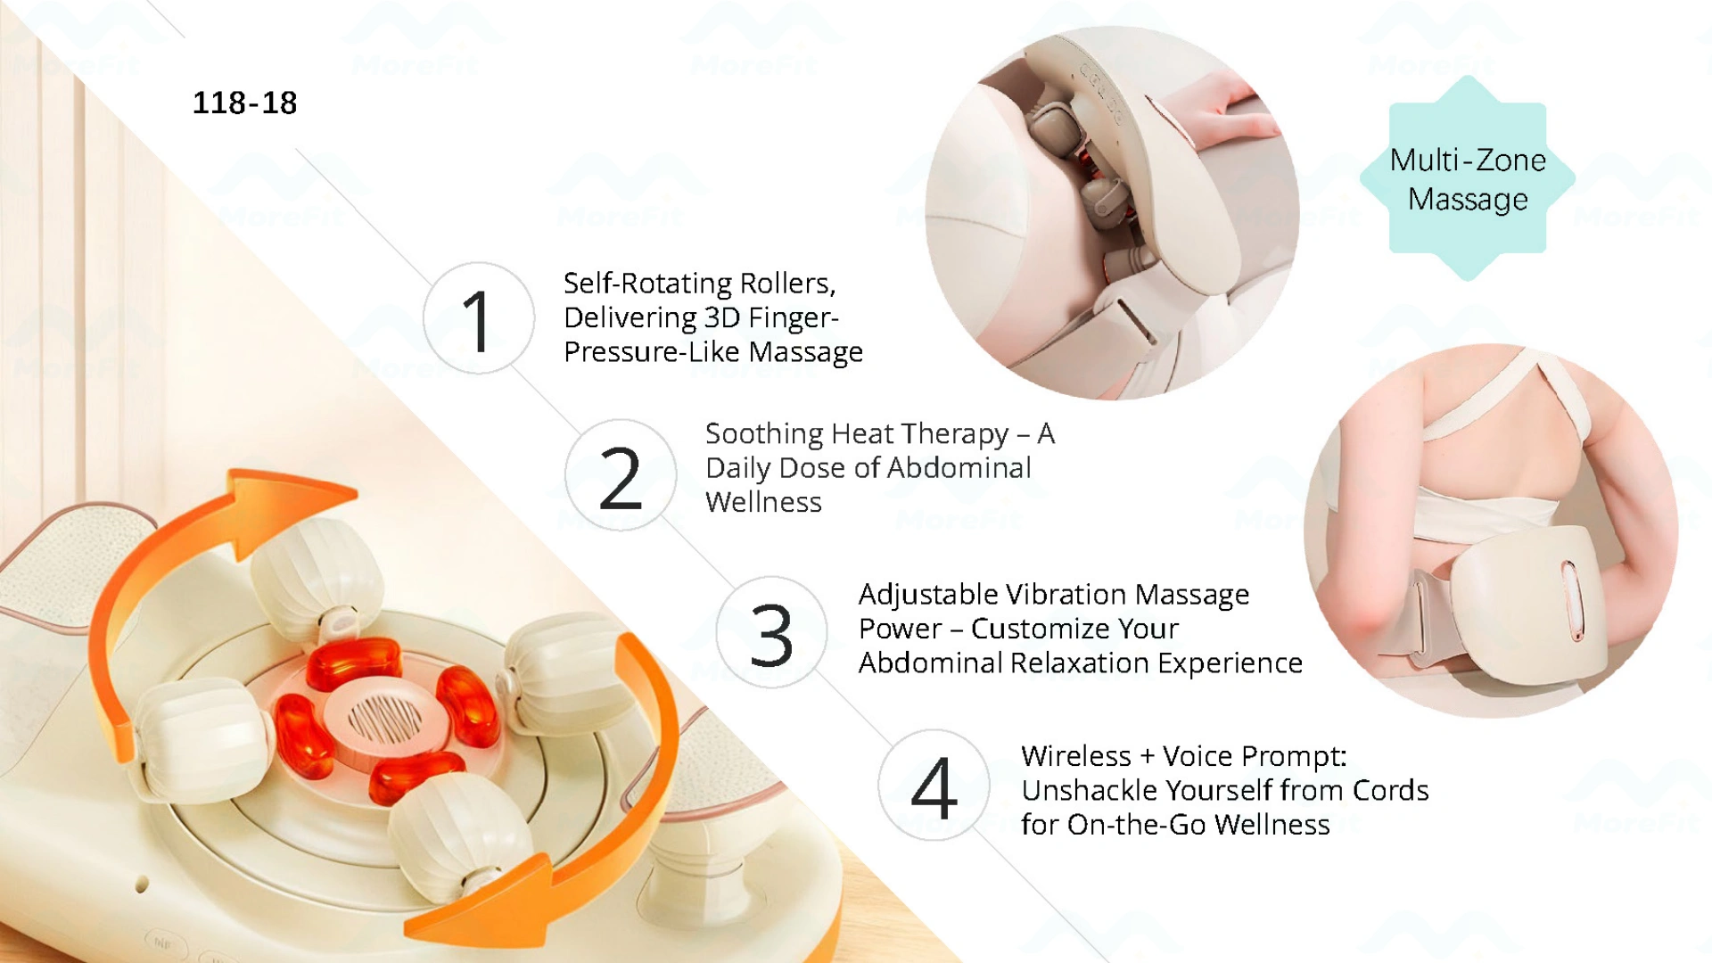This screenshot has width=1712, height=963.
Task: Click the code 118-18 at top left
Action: pos(244,103)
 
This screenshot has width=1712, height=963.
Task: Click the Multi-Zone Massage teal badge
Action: pos(1468,179)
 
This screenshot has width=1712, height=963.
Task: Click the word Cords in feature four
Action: pos(1390,791)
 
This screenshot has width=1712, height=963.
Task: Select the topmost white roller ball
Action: pos(317,571)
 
